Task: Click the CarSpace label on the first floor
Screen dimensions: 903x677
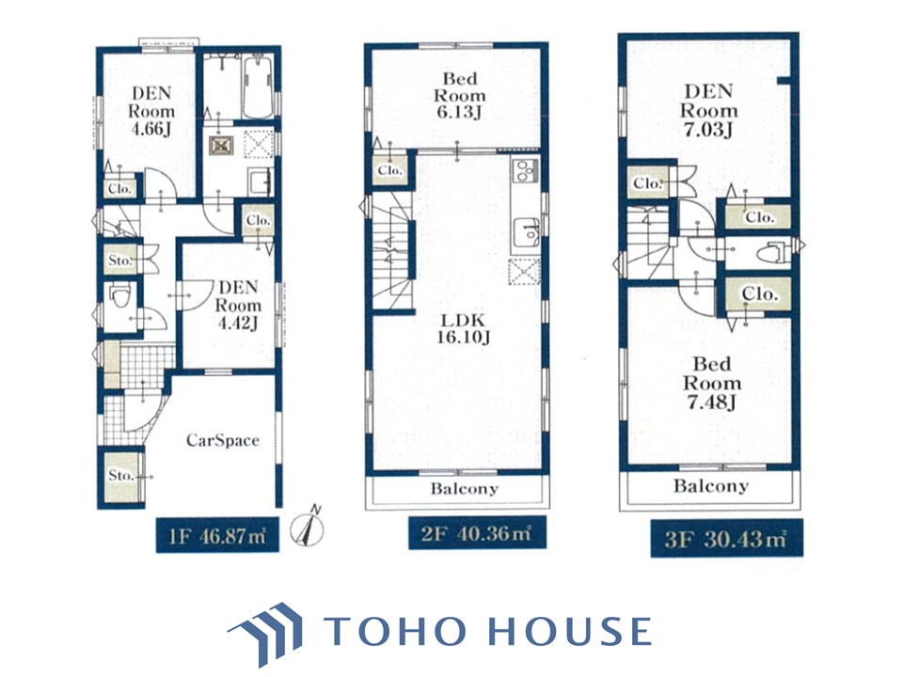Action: (x=222, y=440)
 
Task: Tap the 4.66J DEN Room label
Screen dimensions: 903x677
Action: (x=151, y=111)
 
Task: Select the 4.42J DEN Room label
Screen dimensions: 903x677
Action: (x=238, y=305)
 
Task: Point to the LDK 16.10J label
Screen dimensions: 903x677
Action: (x=463, y=329)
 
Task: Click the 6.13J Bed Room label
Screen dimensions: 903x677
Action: (x=460, y=96)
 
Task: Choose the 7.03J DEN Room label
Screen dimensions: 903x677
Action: (x=708, y=110)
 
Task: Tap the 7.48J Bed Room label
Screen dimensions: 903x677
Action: (x=712, y=383)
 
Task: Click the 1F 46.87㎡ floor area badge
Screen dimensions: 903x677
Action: (x=217, y=536)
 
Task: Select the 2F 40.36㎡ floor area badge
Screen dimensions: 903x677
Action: (x=478, y=533)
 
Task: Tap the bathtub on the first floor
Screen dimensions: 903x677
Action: (x=258, y=87)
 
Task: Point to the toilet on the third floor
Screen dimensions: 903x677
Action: (x=768, y=253)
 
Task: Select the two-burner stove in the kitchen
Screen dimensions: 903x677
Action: (x=526, y=170)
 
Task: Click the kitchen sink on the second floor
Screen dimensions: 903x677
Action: (x=527, y=232)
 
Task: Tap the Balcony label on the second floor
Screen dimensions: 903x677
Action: (x=464, y=489)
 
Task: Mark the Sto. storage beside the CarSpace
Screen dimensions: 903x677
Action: (x=121, y=476)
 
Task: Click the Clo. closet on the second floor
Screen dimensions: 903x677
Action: (x=389, y=170)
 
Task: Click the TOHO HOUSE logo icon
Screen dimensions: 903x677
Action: (x=266, y=633)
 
